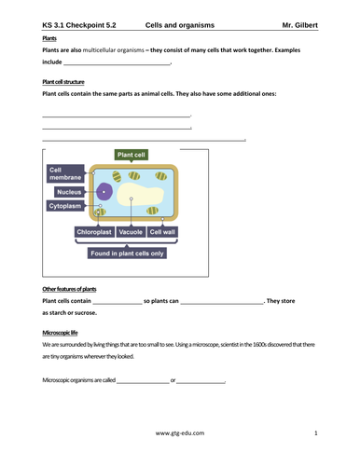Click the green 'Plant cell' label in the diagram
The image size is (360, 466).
[x=132, y=155]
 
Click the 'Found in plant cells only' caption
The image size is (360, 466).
[x=127, y=253]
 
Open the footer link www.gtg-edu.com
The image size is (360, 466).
[x=180, y=433]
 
